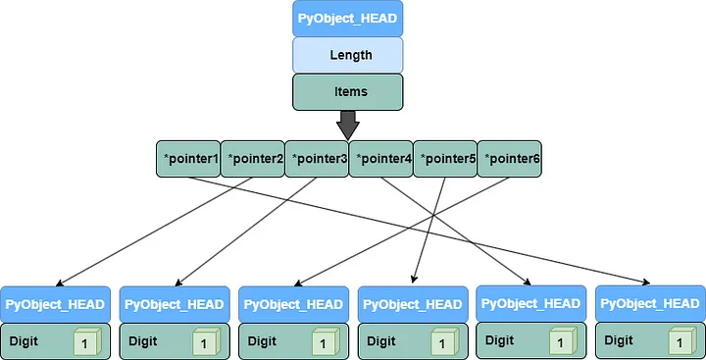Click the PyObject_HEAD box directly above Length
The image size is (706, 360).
point(348,19)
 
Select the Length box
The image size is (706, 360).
point(348,55)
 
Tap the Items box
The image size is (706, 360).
point(348,91)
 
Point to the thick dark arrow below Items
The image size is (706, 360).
point(348,124)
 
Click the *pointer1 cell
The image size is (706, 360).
point(188,159)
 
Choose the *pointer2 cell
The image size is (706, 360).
point(253,159)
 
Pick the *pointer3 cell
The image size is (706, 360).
point(318,159)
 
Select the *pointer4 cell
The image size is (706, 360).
point(381,159)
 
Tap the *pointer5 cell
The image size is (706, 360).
point(446,159)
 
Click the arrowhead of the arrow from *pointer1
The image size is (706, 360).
point(648,283)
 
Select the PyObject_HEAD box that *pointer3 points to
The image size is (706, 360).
point(175,305)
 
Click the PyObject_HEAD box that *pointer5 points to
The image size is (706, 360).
point(413,305)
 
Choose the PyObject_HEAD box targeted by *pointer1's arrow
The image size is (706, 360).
point(648,304)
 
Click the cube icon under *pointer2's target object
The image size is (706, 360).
point(86,342)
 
